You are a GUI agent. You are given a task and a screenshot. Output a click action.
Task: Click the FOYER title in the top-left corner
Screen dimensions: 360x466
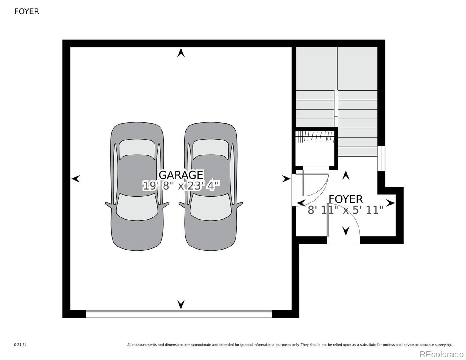tap(27, 11)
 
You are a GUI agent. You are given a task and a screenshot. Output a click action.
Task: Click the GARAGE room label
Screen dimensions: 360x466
tap(181, 175)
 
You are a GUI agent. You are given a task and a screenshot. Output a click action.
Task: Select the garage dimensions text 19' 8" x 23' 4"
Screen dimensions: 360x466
tap(181, 186)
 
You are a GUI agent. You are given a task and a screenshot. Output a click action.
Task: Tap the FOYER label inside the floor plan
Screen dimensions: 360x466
tap(346, 199)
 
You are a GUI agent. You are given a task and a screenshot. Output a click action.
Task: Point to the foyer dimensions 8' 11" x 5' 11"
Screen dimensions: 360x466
tap(346, 210)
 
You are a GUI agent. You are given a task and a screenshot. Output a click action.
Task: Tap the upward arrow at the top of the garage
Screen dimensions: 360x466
tap(181, 53)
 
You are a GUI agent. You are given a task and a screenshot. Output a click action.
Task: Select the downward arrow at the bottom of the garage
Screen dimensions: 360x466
tap(181, 304)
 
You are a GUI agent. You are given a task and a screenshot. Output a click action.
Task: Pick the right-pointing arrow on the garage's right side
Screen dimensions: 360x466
tap(286, 179)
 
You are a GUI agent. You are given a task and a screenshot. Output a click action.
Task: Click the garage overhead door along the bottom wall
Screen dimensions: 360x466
tap(179, 314)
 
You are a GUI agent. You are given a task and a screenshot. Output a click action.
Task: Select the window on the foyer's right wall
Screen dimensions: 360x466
tap(381, 158)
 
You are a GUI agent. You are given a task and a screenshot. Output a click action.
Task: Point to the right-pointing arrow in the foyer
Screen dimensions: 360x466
tap(390, 203)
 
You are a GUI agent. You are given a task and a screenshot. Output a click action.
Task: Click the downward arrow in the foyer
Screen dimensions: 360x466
tap(346, 231)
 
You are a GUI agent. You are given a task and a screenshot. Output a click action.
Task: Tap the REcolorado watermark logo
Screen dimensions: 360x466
tap(441, 354)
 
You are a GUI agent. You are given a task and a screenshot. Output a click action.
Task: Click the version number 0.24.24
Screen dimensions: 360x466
tap(20, 345)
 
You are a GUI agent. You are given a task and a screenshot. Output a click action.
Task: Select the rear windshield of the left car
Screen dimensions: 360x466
tap(137, 207)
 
